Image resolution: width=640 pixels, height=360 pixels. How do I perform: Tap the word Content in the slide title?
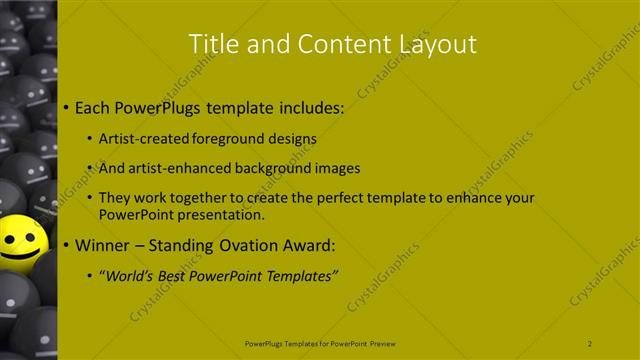(x=327, y=43)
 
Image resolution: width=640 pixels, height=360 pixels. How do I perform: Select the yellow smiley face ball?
(x=20, y=242)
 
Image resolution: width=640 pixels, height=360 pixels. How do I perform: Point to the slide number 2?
(x=590, y=343)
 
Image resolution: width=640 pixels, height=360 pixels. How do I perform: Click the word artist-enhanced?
(x=176, y=169)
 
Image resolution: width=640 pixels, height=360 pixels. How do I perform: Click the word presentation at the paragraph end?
(x=224, y=214)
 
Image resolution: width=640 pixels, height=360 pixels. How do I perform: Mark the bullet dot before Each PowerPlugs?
(x=66, y=106)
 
